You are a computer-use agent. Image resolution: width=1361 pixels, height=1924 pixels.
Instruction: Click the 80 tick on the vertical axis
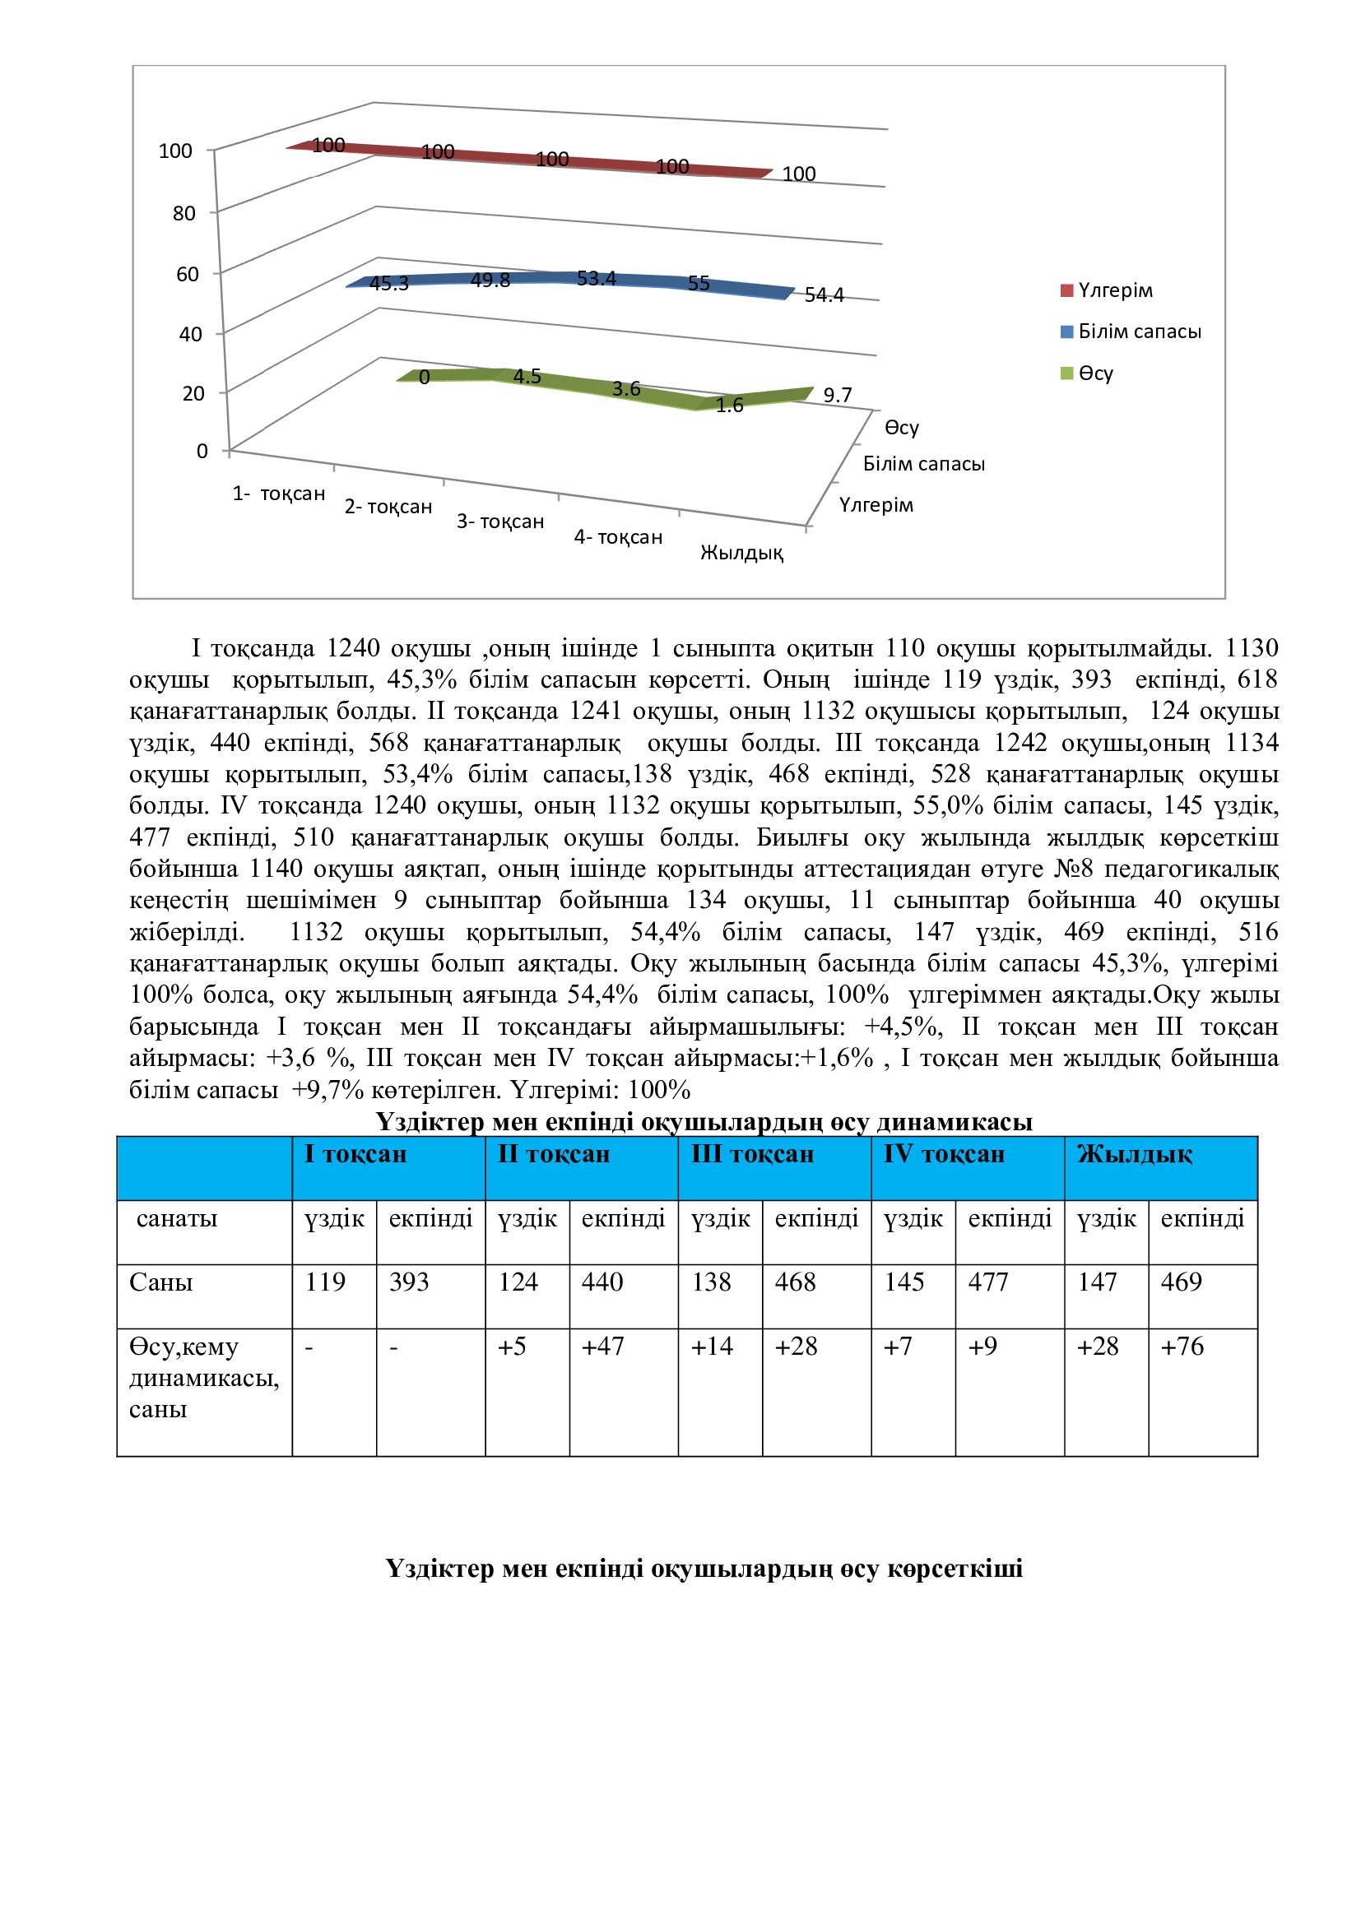pos(184,213)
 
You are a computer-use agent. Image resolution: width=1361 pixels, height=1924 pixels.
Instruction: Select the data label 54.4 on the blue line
pos(824,295)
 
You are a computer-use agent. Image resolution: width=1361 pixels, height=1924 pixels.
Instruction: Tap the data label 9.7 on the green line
pos(837,396)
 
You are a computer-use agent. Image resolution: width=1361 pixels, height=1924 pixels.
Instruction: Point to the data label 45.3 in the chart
pos(389,283)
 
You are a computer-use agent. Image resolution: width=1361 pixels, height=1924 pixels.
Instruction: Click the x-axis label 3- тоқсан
pos(500,522)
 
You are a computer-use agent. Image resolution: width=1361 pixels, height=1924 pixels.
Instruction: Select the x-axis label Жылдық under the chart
pos(741,553)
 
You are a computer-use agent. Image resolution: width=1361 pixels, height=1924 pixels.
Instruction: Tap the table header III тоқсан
pos(752,1155)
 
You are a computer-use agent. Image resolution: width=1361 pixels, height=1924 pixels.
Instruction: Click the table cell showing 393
pos(409,1282)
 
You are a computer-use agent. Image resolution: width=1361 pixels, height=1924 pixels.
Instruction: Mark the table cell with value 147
pos(1097,1282)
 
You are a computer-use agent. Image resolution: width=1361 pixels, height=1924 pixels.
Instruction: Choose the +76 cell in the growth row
pos(1182,1347)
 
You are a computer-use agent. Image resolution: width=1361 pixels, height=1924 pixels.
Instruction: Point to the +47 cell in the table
pos(602,1347)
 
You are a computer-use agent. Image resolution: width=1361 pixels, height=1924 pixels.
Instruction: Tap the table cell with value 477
pos(988,1282)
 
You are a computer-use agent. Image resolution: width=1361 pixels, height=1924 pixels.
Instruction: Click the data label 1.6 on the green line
pos(730,407)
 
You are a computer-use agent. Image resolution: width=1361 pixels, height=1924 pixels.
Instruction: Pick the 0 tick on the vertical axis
pos(201,452)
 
